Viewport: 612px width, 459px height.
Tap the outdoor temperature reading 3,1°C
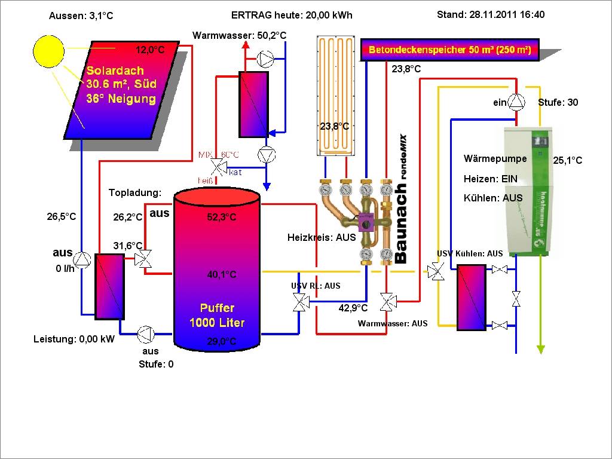81,16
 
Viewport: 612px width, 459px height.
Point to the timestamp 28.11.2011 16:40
491,15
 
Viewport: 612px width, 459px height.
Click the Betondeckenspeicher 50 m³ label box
450,50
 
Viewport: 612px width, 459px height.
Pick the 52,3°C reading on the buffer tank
222,218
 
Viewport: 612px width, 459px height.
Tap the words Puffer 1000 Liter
217,316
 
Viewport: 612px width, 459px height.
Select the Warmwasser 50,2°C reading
239,36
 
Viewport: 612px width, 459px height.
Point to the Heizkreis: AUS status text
322,237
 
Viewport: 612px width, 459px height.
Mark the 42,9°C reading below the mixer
353,308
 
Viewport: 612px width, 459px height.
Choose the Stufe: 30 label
558,103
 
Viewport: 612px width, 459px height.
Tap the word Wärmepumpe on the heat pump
495,159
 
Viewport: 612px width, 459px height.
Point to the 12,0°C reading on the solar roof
149,50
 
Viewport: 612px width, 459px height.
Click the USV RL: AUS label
316,286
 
